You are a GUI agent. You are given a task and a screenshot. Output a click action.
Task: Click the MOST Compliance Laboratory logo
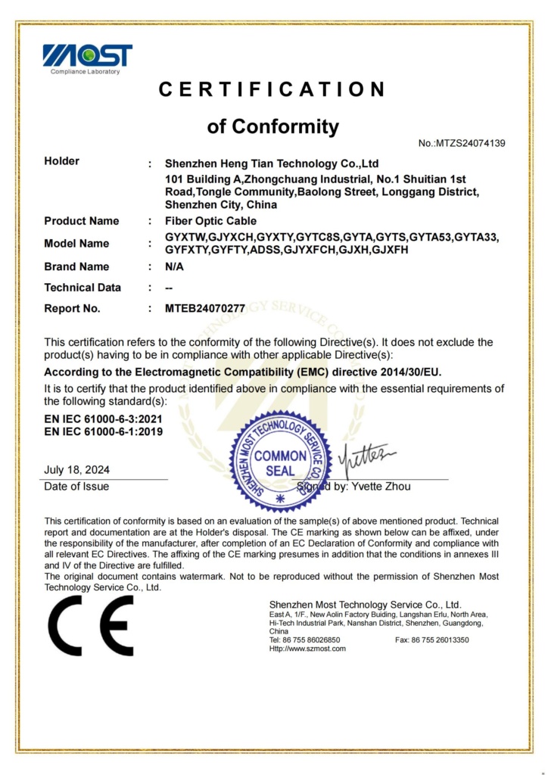(87, 58)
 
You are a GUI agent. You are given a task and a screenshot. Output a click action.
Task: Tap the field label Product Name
(81, 221)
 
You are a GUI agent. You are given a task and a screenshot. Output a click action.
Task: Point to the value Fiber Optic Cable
(210, 221)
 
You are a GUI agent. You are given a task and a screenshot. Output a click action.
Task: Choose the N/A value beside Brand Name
(174, 266)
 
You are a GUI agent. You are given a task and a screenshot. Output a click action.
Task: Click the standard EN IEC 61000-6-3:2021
(102, 419)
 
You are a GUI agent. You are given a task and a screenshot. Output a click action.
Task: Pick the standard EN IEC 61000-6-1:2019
(102, 431)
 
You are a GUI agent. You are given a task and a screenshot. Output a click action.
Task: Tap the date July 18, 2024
(76, 470)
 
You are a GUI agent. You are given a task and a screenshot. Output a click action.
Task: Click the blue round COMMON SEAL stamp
(280, 462)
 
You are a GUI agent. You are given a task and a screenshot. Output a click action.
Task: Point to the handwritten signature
(370, 457)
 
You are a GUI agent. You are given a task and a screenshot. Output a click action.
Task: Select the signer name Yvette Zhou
(381, 487)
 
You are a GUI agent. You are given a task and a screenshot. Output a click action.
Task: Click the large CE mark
(90, 625)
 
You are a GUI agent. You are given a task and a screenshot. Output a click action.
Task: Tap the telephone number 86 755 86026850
(316, 640)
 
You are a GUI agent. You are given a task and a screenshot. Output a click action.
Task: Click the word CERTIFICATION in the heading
(272, 89)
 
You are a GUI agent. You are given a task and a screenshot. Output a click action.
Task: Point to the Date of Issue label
(76, 487)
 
